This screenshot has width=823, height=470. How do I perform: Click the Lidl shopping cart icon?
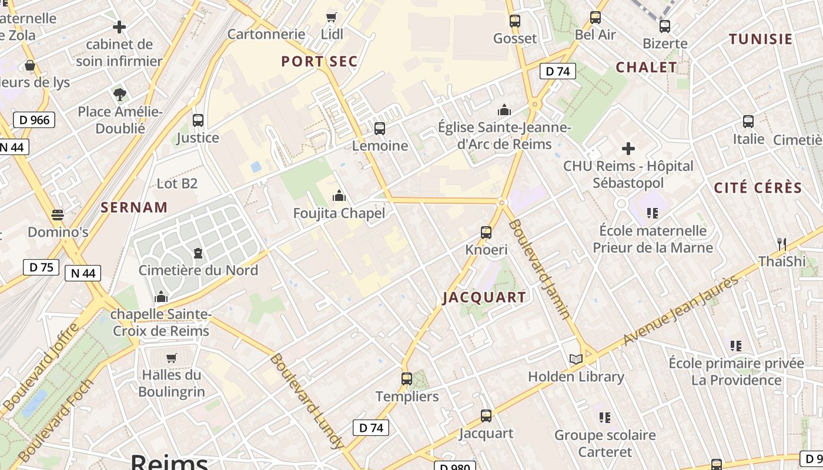point(332,17)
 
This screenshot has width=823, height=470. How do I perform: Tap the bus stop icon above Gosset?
point(515,21)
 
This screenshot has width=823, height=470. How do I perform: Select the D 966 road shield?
point(34,120)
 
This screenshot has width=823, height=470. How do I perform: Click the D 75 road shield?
point(41,267)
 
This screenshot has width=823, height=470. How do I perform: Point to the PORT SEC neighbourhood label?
point(319,62)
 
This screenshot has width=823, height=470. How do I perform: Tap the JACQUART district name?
point(484,297)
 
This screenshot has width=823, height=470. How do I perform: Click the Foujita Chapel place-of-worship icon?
point(339,196)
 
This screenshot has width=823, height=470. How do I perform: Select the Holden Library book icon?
point(576,359)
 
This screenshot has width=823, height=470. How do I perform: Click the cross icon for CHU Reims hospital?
point(628,148)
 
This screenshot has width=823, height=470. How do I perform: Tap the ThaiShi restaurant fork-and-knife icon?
point(781,244)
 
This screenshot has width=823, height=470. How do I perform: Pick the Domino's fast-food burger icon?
point(58,215)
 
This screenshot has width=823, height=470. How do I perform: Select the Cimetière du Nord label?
point(198,270)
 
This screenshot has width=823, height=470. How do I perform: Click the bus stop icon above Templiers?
point(407,379)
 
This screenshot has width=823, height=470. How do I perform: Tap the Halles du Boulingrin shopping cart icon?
point(172,358)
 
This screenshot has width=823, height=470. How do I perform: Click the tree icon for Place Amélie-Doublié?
point(120,94)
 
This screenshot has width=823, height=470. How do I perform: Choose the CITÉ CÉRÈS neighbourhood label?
point(758,188)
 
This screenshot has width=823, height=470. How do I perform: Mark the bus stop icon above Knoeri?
point(486,232)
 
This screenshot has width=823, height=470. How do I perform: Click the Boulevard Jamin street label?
point(539,269)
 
